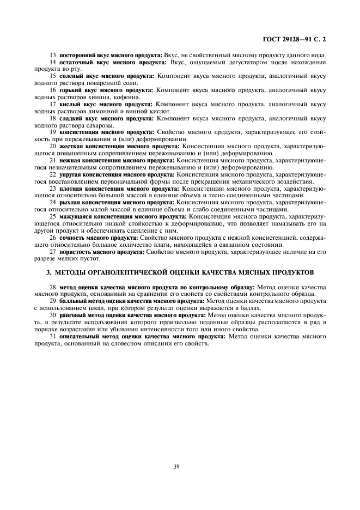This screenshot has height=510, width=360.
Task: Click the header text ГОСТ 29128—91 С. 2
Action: [297, 39]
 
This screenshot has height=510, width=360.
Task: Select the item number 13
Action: [53, 55]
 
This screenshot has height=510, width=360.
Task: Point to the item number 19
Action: [53, 132]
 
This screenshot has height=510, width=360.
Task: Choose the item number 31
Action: [53, 336]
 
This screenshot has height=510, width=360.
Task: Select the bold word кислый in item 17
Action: [70, 104]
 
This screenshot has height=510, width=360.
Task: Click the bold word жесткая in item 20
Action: [72, 147]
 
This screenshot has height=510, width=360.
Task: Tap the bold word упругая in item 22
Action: [71, 175]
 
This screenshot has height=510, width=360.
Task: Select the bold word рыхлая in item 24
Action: [70, 202]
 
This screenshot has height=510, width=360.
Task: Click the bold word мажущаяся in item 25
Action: [77, 216]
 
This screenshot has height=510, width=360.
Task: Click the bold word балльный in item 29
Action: [74, 300]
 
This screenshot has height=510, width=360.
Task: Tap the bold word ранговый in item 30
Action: [74, 315]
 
